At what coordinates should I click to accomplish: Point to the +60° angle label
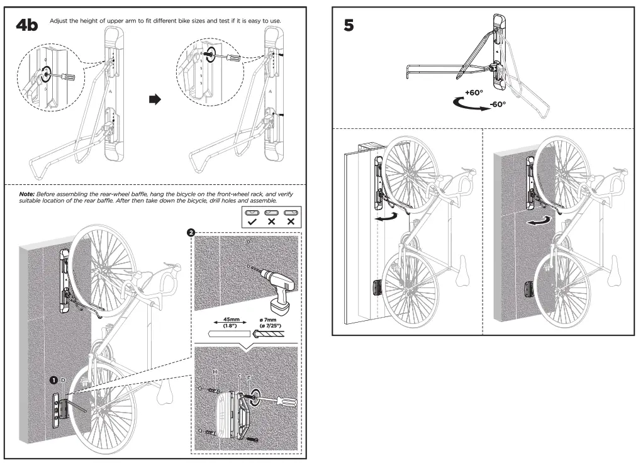click(x=474, y=92)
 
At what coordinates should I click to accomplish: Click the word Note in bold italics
click(x=29, y=194)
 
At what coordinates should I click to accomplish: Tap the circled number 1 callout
click(x=55, y=380)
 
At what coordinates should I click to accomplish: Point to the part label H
click(x=215, y=372)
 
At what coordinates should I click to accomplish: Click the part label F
click(x=249, y=377)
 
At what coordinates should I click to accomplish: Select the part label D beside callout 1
click(x=63, y=381)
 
